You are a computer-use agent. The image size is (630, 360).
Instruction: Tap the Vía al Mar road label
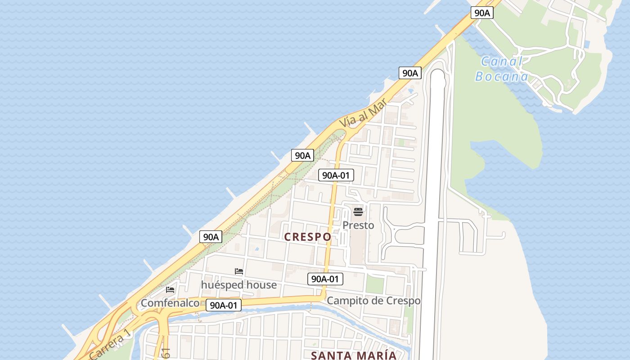[363, 114]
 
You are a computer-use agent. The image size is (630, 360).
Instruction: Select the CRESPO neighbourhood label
[308, 237]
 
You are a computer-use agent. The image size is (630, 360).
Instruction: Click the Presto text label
[358, 225]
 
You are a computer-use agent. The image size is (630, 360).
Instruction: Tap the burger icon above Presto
[358, 211]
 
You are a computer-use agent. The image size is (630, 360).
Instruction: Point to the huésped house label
[238, 285]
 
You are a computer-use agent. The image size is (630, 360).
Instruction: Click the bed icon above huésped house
[239, 271]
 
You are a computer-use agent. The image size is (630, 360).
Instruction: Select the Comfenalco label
[170, 303]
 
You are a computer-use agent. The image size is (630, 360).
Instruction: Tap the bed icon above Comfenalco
[170, 289]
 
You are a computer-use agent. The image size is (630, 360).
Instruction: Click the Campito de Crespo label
[373, 301]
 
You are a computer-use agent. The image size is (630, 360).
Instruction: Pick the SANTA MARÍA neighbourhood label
[354, 355]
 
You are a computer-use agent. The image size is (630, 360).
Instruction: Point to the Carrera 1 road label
[110, 345]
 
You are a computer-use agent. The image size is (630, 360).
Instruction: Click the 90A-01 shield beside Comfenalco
[224, 305]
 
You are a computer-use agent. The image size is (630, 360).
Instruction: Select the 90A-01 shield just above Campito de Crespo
[325, 279]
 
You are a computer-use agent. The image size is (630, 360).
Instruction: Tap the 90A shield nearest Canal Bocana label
[482, 13]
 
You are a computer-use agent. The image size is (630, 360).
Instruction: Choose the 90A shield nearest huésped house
[211, 237]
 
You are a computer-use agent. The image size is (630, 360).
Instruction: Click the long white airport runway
[433, 202]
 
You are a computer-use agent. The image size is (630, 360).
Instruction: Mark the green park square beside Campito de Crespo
[374, 284]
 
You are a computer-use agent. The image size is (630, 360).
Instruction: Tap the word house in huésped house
[259, 285]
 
